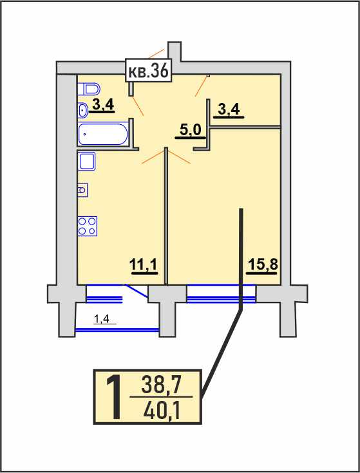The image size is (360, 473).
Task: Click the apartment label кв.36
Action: (149, 70)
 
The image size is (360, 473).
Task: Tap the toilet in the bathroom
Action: (89, 89)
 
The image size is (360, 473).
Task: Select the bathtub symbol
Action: (103, 134)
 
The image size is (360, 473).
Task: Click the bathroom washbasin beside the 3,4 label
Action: (82, 111)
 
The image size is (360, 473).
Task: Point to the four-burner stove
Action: (87, 227)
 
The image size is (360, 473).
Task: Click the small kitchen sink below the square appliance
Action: (82, 190)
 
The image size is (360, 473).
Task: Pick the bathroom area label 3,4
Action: (103, 106)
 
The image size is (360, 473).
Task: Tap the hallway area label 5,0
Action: (191, 131)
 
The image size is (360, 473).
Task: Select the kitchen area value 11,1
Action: (144, 266)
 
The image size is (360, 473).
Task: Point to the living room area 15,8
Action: (262, 266)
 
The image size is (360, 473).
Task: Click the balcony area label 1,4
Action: (104, 319)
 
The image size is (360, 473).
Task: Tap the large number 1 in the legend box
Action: (114, 397)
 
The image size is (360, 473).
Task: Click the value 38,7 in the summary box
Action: (160, 385)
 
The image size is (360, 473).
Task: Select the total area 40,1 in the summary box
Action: (162, 411)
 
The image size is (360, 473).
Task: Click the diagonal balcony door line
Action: (137, 291)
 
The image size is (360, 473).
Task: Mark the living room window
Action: (221, 294)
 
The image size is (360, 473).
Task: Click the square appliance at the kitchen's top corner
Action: (86, 162)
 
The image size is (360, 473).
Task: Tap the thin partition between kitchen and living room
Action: (166, 216)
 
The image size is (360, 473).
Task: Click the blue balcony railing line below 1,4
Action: (117, 330)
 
